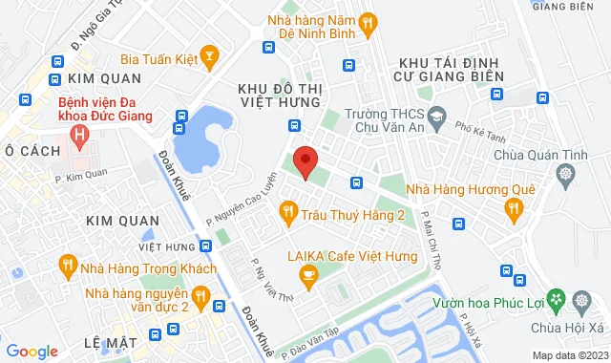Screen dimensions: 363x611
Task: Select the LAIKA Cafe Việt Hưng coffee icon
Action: point(307,276)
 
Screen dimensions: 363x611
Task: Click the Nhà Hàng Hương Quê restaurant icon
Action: point(514,208)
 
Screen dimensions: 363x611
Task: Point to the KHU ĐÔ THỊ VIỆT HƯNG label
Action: point(280,96)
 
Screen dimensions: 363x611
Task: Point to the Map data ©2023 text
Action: point(569,355)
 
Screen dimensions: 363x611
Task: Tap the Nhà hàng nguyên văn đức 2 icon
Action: point(200,300)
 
